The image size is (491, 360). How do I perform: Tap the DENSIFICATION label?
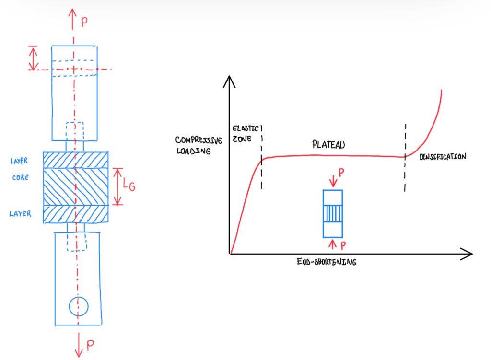443,157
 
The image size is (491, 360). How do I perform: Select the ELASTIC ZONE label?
245,133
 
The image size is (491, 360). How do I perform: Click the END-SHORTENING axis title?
327,262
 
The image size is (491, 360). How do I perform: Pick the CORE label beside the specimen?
20,178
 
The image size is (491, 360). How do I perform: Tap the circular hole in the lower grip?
78,306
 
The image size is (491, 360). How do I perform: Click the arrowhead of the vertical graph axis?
231,80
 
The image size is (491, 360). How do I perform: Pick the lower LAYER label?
20,214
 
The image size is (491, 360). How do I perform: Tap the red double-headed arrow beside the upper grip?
33,58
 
